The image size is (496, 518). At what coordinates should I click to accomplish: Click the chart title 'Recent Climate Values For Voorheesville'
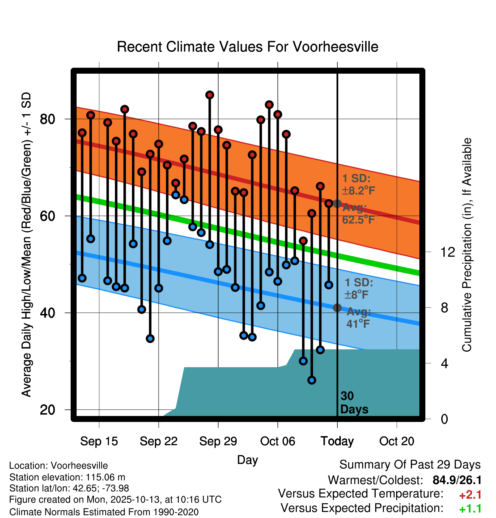pos(247,47)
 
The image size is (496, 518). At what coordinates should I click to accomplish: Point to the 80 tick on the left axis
pos(47,119)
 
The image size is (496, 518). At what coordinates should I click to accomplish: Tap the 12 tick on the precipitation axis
pos(448,252)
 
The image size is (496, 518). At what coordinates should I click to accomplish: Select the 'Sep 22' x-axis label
pos(158,441)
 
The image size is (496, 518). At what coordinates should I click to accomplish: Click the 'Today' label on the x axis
pos(337,441)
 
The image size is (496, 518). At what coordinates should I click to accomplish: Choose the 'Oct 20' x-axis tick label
pos(396,441)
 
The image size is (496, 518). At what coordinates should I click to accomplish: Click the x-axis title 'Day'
pos(247,460)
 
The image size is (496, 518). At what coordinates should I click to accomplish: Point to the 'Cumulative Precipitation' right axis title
pos(467,245)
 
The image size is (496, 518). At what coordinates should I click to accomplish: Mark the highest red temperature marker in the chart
pos(210,95)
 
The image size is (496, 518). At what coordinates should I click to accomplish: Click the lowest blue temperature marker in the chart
pos(312,380)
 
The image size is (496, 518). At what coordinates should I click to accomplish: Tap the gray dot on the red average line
pos(337,203)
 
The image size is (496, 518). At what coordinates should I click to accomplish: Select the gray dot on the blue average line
pos(337,307)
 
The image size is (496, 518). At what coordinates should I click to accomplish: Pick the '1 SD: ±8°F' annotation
pos(358,288)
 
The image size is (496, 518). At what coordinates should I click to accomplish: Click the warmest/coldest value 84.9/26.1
pos(457,480)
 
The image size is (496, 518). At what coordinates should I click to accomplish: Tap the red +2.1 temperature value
pos(470,495)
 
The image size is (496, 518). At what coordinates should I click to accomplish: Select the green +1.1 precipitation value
pos(470,509)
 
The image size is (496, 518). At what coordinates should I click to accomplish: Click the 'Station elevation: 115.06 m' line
pos(67,477)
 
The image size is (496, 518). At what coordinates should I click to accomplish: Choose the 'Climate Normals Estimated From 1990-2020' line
pos(104,512)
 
